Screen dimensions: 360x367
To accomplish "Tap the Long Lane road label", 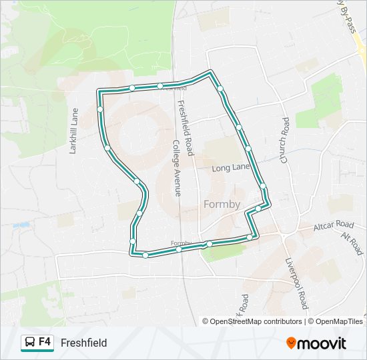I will click(x=230, y=168).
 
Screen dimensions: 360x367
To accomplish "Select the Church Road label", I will click(x=285, y=141).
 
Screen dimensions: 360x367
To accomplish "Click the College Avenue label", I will click(x=177, y=168).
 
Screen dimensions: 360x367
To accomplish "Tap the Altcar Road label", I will click(x=334, y=225).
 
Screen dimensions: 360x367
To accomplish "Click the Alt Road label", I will click(x=352, y=244).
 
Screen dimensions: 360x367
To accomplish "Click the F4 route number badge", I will click(x=45, y=342).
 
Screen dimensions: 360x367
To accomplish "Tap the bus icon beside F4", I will click(x=30, y=343).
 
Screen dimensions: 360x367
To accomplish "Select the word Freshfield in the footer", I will click(x=83, y=343).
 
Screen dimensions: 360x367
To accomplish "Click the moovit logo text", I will click(x=322, y=343).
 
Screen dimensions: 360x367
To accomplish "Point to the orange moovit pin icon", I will click(x=292, y=343).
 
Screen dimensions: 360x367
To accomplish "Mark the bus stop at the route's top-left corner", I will click(x=99, y=92).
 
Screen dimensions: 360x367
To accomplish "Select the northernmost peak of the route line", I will click(x=211, y=71).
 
